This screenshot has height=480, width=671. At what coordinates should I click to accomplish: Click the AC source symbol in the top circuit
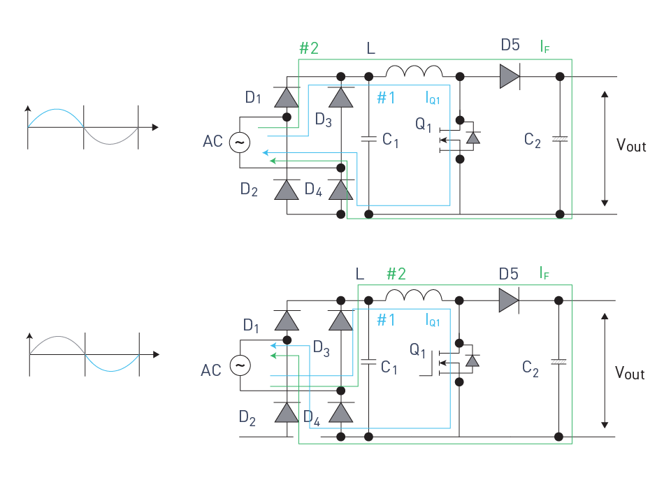(240, 143)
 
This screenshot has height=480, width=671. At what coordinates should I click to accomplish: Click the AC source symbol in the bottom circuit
(240, 365)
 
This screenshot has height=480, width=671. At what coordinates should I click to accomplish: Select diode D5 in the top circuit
(510, 77)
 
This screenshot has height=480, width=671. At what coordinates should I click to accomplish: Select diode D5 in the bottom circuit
(509, 300)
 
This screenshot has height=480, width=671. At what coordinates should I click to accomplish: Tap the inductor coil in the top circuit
(414, 71)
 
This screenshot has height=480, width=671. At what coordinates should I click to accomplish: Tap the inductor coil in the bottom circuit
(413, 295)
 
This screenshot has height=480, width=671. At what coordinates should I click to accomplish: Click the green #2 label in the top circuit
(309, 48)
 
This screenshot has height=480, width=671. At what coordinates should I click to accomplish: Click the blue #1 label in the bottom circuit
(386, 319)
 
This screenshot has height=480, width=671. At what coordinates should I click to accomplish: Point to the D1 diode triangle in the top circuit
(287, 97)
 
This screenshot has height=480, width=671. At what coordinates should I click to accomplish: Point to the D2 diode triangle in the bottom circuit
(287, 412)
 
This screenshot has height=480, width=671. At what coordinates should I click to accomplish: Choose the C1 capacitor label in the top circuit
(390, 140)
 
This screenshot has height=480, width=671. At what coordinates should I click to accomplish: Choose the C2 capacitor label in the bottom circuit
(531, 368)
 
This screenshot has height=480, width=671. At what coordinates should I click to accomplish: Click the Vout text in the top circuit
(631, 145)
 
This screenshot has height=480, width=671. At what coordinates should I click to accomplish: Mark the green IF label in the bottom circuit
(544, 273)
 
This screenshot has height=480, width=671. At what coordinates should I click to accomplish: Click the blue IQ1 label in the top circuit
(433, 98)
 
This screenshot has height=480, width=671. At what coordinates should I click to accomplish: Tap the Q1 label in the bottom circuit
(418, 350)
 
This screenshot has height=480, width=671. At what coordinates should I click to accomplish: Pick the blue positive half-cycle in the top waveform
(56, 110)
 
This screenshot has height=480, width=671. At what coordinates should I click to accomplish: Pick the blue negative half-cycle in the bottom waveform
(112, 370)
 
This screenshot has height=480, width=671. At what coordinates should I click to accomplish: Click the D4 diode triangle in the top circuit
(341, 190)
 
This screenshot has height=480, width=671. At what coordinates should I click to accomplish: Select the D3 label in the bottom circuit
(322, 349)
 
